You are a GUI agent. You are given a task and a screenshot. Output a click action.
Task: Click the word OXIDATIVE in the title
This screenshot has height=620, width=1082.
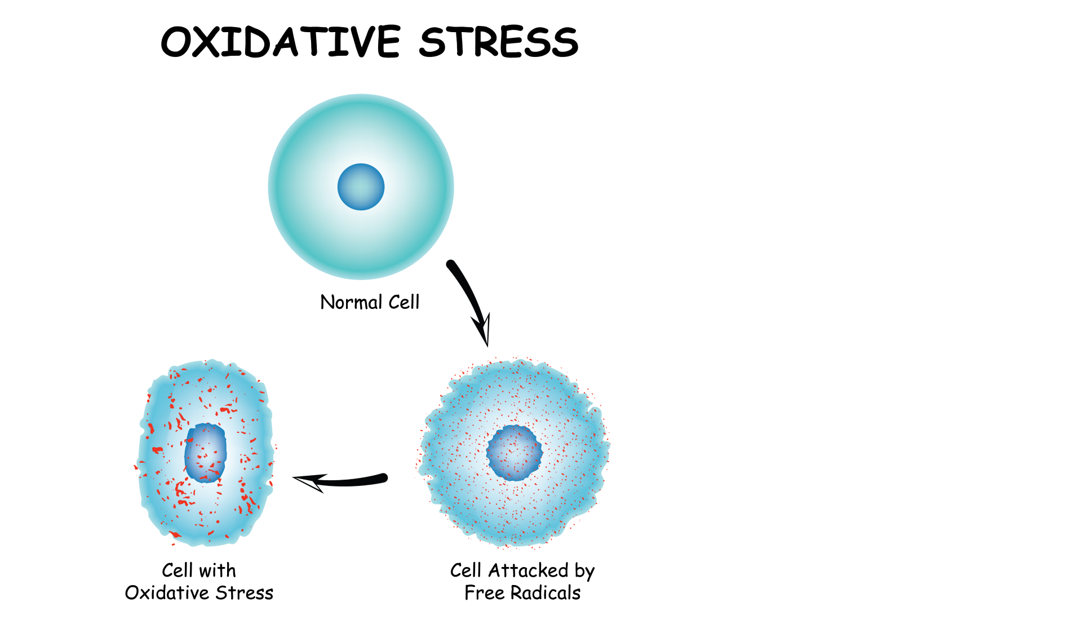pos(281,42)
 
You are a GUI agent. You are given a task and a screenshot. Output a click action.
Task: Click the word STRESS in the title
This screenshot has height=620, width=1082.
pos(499,42)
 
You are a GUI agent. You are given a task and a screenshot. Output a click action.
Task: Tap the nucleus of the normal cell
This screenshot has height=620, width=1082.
pos(361,187)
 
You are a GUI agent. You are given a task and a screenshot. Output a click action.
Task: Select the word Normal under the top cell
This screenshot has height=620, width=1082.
pos(351,302)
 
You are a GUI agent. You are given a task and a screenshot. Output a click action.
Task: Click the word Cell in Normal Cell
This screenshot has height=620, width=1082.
pos(404,302)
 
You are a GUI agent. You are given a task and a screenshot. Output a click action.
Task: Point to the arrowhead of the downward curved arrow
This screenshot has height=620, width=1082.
pos(482,329)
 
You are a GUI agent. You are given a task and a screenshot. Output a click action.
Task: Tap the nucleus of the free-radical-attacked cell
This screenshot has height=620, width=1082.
pos(515,453)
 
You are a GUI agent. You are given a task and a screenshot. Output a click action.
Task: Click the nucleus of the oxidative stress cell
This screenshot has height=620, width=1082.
pos(206,453)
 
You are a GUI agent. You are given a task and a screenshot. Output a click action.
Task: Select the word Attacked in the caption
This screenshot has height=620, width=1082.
pos(529,570)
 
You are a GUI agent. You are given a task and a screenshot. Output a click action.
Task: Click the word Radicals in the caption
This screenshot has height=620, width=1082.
pos(546,593)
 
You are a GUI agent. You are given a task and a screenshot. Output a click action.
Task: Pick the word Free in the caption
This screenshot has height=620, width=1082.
pos(484,593)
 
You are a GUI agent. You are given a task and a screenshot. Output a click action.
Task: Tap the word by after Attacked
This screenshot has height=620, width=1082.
pos(585,572)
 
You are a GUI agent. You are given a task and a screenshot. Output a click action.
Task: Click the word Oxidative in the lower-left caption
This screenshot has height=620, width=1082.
pos(167,593)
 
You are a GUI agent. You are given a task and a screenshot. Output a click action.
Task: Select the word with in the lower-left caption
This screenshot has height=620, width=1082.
pos(217,570)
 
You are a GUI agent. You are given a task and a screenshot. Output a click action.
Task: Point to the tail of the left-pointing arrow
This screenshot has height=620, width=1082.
pos(385,478)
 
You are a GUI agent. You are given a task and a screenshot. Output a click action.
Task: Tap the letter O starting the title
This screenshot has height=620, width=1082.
pos(176,42)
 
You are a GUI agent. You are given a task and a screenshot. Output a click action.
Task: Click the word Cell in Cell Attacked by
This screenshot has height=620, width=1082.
pos(465,570)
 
